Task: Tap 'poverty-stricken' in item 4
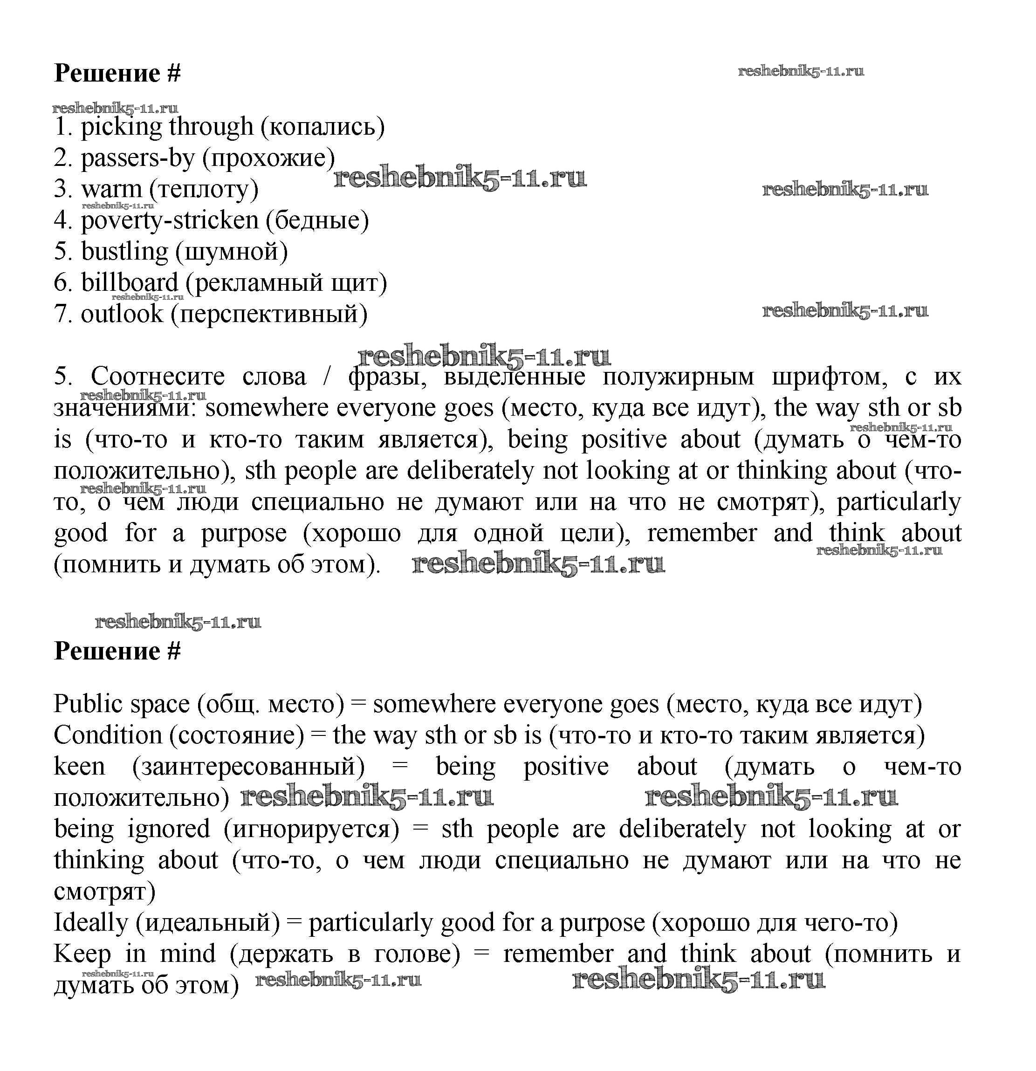[169, 221]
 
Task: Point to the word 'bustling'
[124, 252]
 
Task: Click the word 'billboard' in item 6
[130, 283]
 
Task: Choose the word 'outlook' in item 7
[122, 314]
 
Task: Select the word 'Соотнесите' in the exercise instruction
[158, 377]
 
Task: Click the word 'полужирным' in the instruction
[678, 377]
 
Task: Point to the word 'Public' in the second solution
[89, 704]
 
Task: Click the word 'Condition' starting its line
[108, 735]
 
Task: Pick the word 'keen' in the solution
[79, 767]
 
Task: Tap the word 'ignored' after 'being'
[169, 829]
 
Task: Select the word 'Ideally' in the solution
[90, 923]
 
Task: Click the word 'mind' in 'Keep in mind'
[187, 954]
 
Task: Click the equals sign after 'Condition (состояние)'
[317, 736]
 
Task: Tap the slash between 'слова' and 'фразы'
[327, 377]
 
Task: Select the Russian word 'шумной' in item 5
[231, 252]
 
